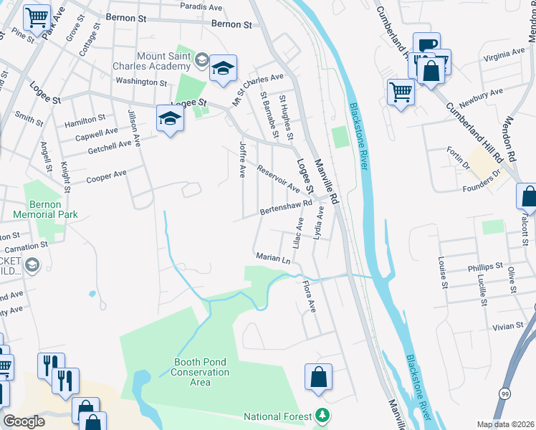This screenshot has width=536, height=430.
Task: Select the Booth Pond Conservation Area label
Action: pyautogui.click(x=201, y=372)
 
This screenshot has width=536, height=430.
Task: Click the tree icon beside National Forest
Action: pyautogui.click(x=323, y=416)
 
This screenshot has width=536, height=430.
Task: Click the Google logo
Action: pyautogui.click(x=24, y=421)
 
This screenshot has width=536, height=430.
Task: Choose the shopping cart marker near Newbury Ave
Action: pyautogui.click(x=401, y=92)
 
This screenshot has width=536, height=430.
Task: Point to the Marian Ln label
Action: pyautogui.click(x=273, y=257)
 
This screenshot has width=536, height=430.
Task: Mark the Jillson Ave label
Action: pyautogui.click(x=133, y=129)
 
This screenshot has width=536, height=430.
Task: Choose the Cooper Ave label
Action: pyautogui.click(x=106, y=176)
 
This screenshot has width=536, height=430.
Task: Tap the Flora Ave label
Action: pyautogui.click(x=308, y=296)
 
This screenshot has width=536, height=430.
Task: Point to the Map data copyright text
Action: pyautogui.click(x=504, y=424)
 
